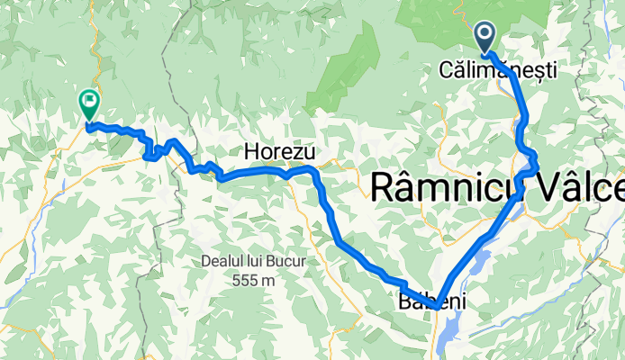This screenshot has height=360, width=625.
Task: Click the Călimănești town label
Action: tap(498, 68)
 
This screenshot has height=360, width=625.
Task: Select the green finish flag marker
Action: tap(89, 103)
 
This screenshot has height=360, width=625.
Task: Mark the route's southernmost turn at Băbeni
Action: tap(436, 307)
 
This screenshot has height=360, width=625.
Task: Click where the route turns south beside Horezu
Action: tap(314, 171)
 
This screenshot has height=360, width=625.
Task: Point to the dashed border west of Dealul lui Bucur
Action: tap(142, 270)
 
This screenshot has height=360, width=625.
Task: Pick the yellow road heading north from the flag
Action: tap(91, 54)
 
